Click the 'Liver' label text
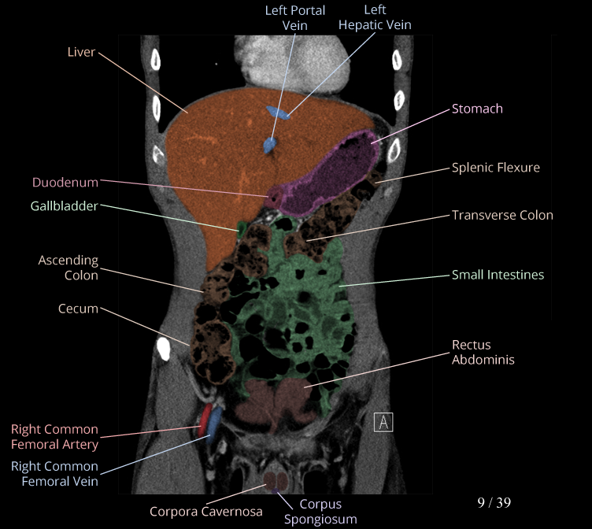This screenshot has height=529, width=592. tap(82, 52)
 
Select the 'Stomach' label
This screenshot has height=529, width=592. tap(477, 109)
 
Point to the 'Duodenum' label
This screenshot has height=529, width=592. tap(65, 183)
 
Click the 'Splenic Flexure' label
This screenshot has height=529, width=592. tap(496, 168)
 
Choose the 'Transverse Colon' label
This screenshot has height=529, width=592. tap(502, 215)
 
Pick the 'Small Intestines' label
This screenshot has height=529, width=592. tap(498, 275)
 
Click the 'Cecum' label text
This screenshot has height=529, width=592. tap(78, 309)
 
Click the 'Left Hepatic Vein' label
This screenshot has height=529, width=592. tap(375, 18)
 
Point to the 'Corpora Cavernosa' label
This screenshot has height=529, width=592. tap(206, 512)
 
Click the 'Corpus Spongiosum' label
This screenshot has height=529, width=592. tap(320, 512)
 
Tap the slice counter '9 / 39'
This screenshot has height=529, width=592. tap(494, 501)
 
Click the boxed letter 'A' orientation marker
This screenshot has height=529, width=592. tap(383, 421)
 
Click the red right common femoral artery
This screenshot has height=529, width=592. tap(204, 421)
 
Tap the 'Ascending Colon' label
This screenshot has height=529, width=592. tap(68, 268)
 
